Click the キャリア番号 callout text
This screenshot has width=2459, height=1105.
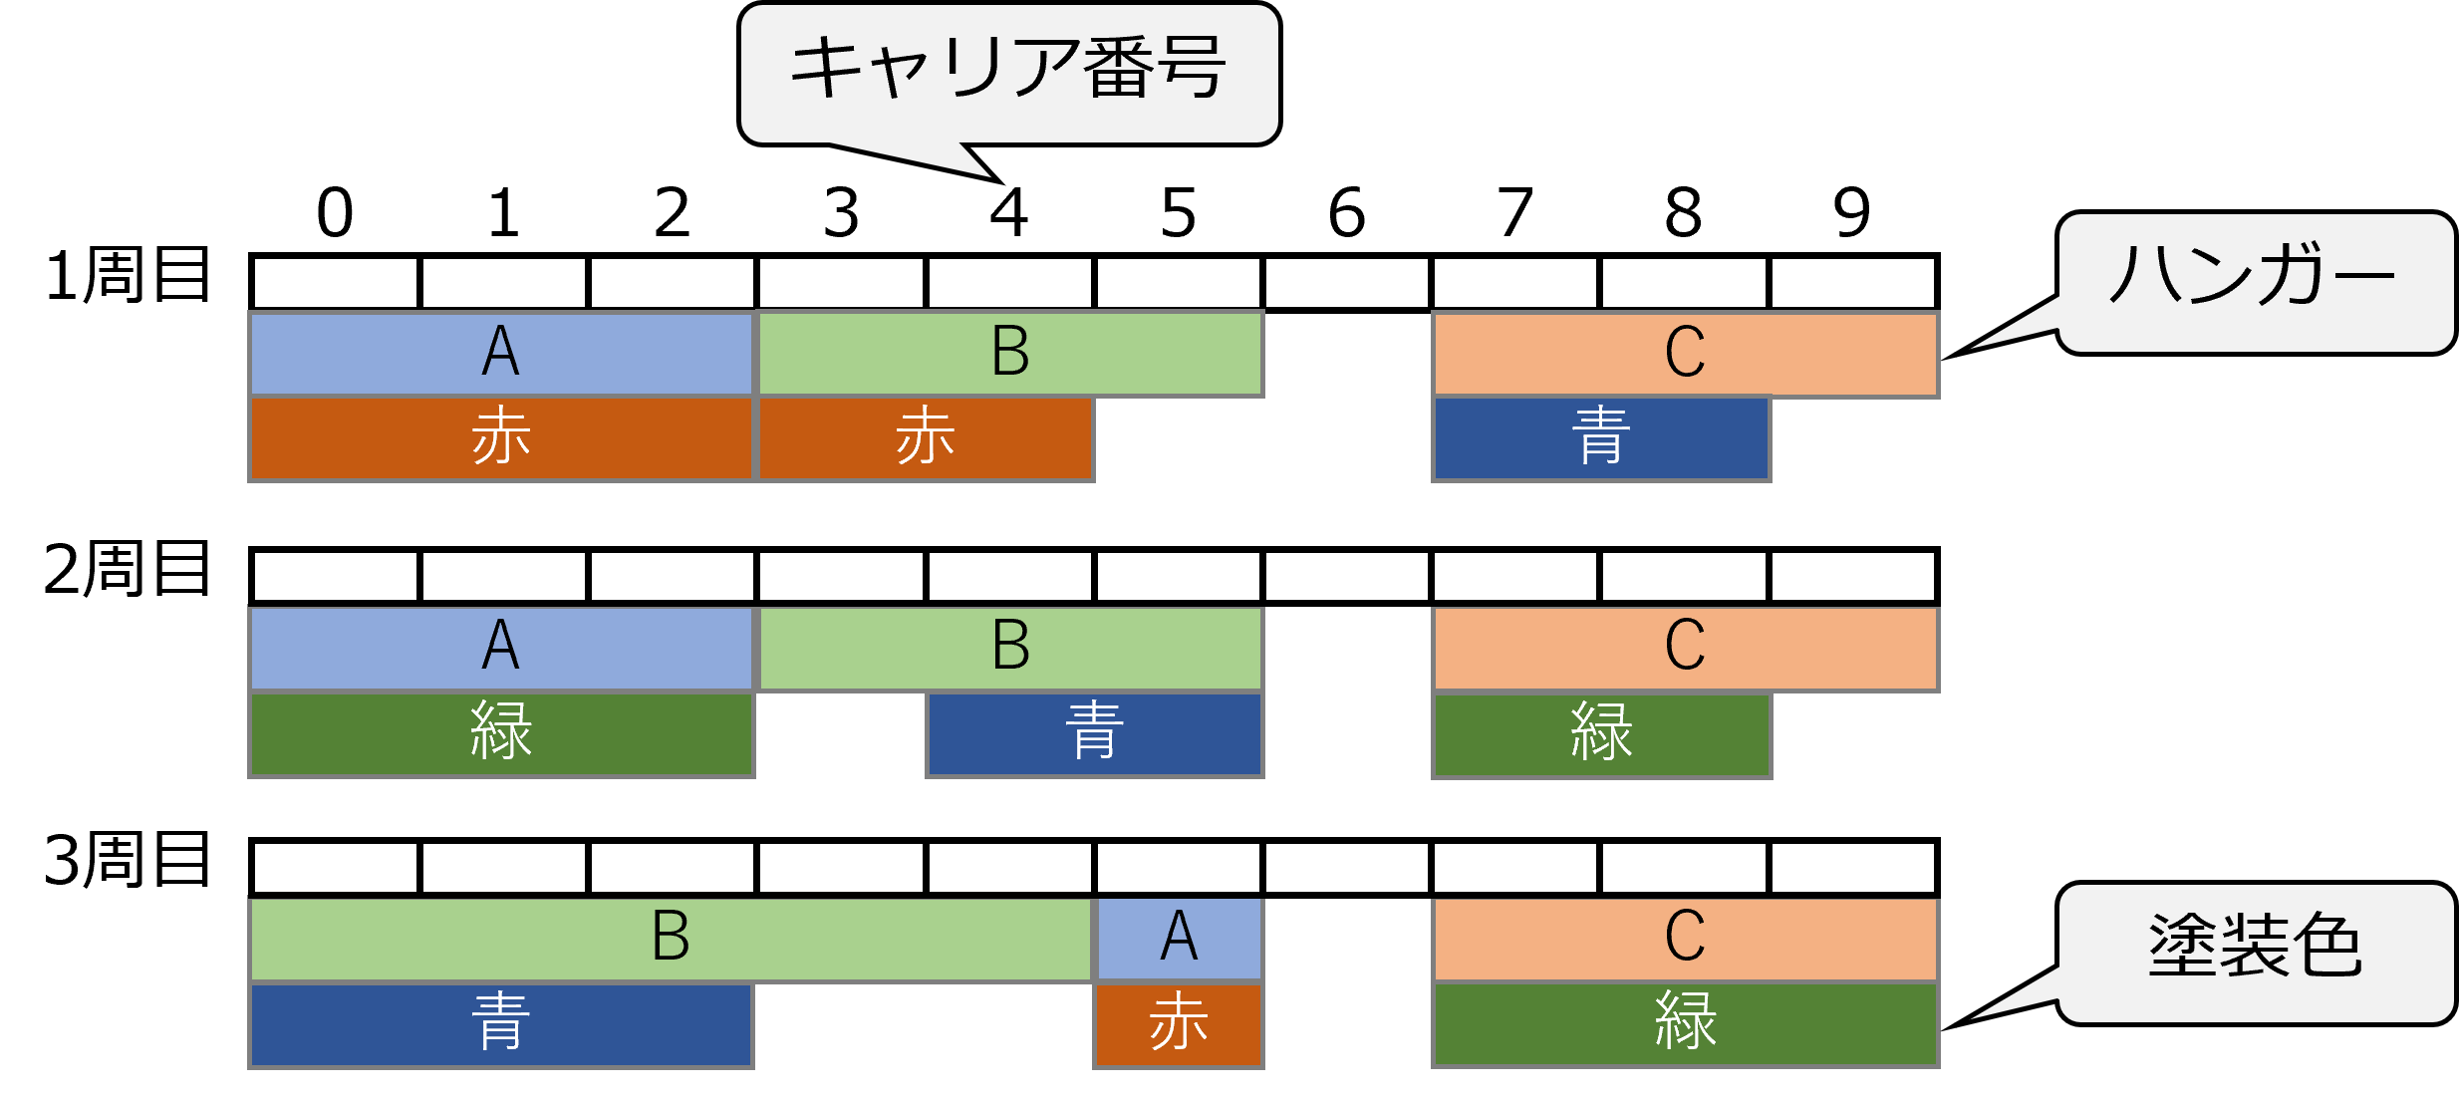tap(1008, 70)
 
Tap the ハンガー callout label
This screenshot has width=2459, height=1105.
tap(2254, 275)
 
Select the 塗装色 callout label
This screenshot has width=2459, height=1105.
tap(2254, 946)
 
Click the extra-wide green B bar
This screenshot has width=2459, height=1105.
tap(671, 939)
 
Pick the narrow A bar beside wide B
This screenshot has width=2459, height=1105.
tap(1180, 939)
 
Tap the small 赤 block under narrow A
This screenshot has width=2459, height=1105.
tap(1180, 1024)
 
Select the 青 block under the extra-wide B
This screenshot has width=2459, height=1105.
tap(500, 1024)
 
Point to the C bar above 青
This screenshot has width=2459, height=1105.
tap(1685, 354)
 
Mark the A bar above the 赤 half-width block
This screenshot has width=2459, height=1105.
tap(500, 354)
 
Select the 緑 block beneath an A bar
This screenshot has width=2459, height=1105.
tap(500, 733)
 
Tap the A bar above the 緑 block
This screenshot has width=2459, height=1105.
tap(500, 648)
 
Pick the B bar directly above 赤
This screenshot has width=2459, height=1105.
tap(1010, 354)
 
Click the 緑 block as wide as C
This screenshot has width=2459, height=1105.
tap(1685, 1024)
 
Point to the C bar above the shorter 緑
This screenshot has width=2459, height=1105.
tap(1685, 648)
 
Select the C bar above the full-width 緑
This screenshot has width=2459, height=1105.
tap(1685, 939)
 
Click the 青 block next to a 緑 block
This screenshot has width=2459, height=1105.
tap(1094, 733)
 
